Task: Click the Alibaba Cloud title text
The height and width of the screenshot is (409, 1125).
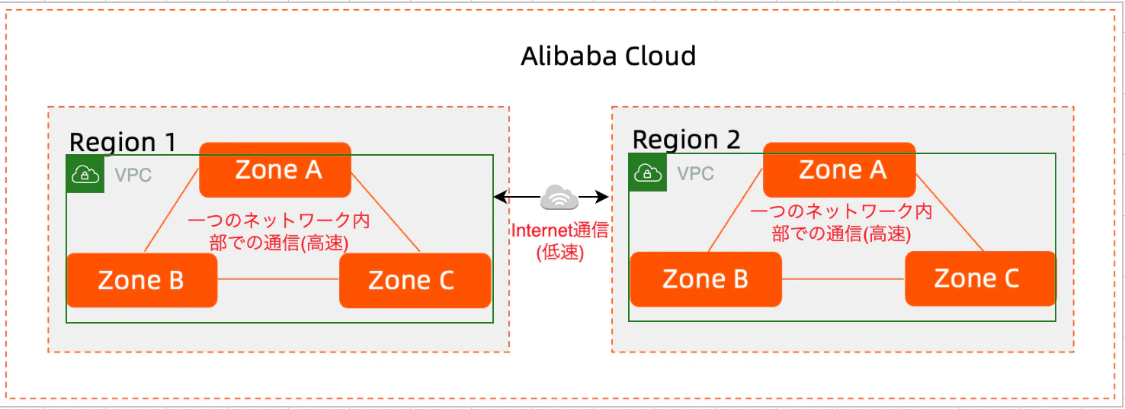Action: click(x=608, y=56)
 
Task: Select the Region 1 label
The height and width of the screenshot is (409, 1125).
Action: click(x=123, y=142)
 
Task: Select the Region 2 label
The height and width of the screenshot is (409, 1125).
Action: click(x=686, y=140)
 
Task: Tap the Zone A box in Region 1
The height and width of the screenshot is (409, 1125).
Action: click(x=275, y=169)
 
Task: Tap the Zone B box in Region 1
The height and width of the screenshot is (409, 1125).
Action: click(x=142, y=280)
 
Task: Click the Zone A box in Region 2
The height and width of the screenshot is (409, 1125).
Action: click(x=839, y=169)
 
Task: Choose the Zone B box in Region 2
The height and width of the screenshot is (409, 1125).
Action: click(x=706, y=279)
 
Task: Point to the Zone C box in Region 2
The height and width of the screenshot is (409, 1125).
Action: click(x=980, y=278)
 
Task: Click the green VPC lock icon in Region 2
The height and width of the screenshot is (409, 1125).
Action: click(x=648, y=172)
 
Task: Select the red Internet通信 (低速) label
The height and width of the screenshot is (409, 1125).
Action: click(x=560, y=241)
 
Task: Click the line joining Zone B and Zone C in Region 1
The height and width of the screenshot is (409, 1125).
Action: click(x=278, y=279)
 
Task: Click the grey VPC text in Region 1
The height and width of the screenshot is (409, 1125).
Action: click(x=133, y=176)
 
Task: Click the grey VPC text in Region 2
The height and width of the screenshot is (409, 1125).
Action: click(x=696, y=173)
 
